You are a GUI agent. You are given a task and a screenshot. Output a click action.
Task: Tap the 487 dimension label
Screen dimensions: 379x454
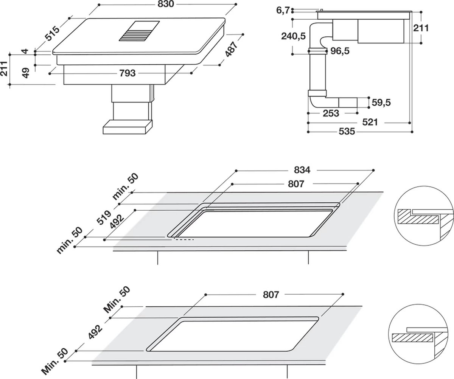pyautogui.click(x=231, y=50)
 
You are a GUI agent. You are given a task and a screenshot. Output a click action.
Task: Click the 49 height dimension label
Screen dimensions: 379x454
pyautogui.click(x=26, y=73)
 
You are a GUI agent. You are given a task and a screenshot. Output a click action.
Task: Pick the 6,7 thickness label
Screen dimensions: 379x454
pyautogui.click(x=283, y=11)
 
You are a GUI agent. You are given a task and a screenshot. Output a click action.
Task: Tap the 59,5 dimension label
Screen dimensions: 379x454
pyautogui.click(x=381, y=102)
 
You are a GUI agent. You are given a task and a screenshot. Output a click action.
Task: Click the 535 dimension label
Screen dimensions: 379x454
pyautogui.click(x=347, y=132)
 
